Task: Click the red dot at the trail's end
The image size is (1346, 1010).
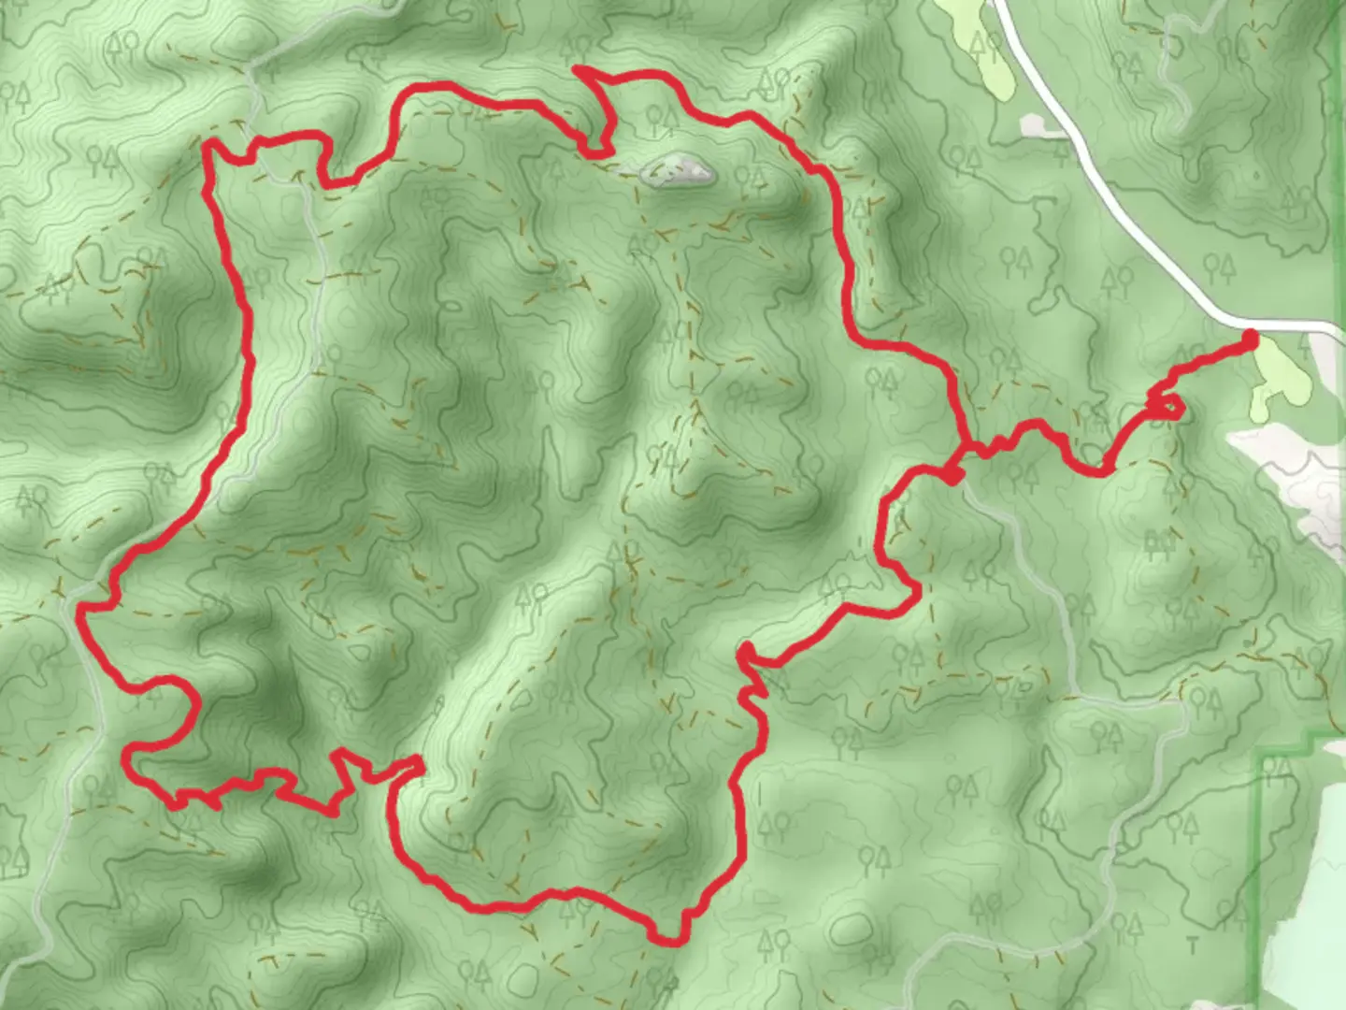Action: (x=1250, y=340)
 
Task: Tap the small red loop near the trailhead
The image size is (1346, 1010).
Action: (x=1167, y=407)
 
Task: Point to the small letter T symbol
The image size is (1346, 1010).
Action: (x=1192, y=947)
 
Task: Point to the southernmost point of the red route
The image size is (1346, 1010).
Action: (x=669, y=941)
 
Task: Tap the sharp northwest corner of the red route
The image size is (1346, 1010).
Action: (x=208, y=146)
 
